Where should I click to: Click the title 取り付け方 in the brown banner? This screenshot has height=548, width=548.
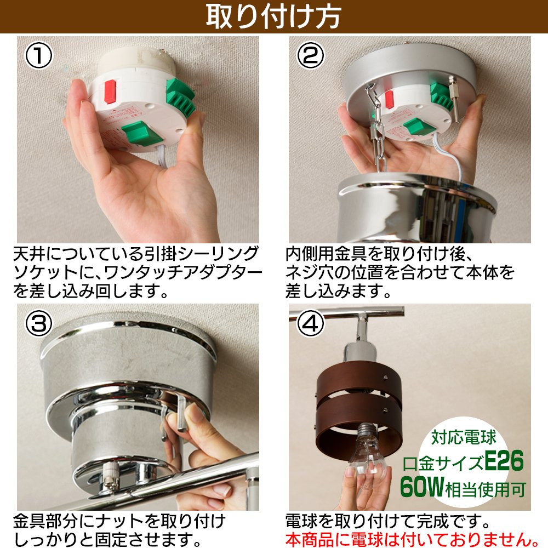tap(273, 16)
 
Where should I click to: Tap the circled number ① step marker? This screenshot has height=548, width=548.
tap(39, 56)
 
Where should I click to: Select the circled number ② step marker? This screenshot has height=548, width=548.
tap(310, 55)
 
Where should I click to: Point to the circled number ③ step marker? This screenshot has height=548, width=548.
tap(39, 324)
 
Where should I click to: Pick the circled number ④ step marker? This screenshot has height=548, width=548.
tap(310, 324)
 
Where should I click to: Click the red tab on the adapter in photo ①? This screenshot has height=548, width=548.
tap(110, 92)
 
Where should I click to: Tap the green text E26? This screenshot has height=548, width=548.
tap(504, 461)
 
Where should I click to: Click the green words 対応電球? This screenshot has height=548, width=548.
tap(464, 437)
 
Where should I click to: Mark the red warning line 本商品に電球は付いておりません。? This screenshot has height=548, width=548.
tap(413, 539)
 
